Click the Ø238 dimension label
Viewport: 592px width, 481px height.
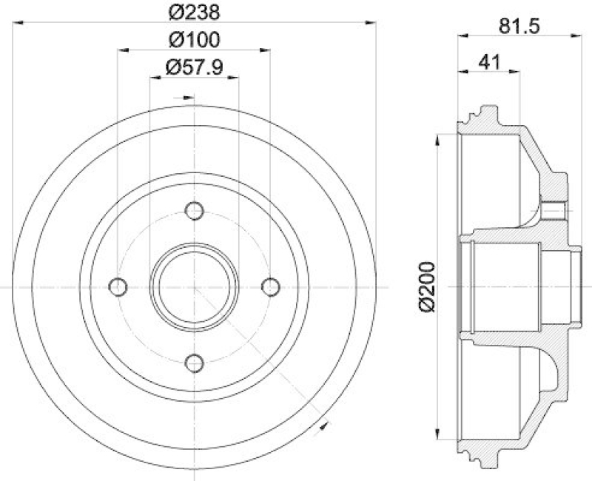pyautogui.click(x=194, y=12)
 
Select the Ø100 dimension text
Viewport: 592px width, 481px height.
pyautogui.click(x=194, y=39)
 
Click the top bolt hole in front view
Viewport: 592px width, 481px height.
pyautogui.click(x=195, y=211)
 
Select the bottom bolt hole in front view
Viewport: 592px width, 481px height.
pyautogui.click(x=195, y=362)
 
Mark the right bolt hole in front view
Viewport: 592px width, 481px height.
pyautogui.click(x=270, y=286)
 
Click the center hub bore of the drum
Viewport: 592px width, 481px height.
pyautogui.click(x=195, y=286)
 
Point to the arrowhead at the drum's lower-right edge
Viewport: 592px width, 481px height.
pyautogui.click(x=323, y=425)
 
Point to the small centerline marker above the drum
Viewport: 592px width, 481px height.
pyautogui.click(x=185, y=97)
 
